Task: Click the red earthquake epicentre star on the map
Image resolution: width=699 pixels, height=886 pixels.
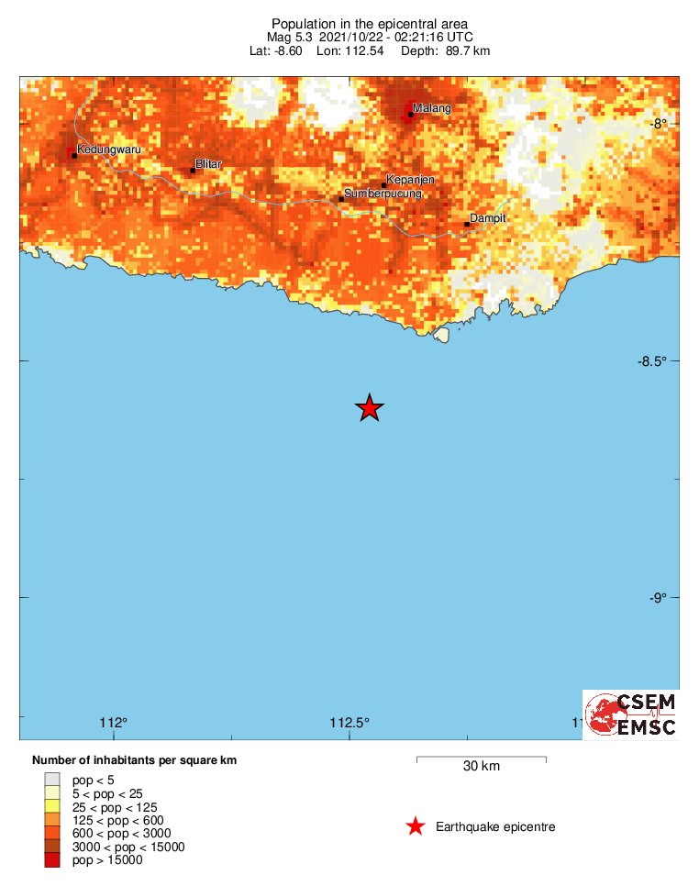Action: click(x=369, y=408)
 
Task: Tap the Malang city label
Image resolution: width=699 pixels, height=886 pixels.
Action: click(x=432, y=109)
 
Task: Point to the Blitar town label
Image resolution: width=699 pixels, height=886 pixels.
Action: click(x=209, y=163)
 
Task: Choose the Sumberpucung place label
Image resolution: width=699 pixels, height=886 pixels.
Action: click(x=382, y=194)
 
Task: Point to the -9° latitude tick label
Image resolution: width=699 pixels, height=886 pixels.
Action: click(x=660, y=598)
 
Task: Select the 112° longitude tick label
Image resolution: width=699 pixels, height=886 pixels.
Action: click(x=115, y=722)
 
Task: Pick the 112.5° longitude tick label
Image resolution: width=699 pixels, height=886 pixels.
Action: click(x=350, y=722)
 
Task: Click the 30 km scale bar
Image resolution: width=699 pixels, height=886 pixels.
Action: click(x=482, y=759)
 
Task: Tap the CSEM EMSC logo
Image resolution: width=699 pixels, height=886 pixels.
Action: click(x=631, y=714)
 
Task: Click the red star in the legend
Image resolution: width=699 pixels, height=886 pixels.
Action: click(x=416, y=827)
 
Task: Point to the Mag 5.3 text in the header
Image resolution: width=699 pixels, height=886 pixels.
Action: click(x=289, y=37)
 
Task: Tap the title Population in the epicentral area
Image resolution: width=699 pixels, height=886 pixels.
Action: click(x=370, y=23)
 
